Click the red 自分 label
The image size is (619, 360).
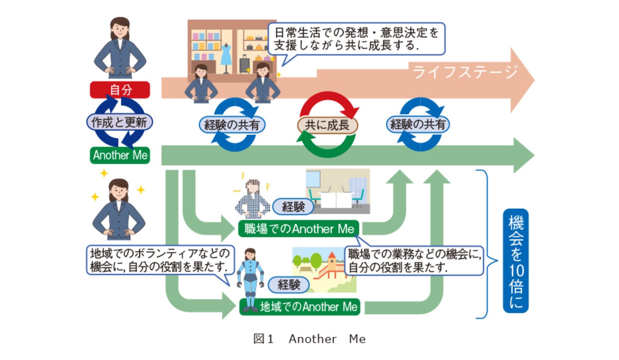point(120,90)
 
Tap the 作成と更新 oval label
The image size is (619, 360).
point(120,122)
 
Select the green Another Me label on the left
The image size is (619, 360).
point(120,155)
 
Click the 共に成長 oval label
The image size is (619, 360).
point(327,125)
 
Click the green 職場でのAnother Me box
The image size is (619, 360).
point(299,229)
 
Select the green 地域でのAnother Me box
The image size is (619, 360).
point(300,307)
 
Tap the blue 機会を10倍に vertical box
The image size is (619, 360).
point(516,261)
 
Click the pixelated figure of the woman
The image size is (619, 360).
point(252,199)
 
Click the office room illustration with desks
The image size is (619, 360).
point(338,191)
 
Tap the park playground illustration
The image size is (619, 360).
point(324,270)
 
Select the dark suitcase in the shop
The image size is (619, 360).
point(244,64)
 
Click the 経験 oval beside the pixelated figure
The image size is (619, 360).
point(293,207)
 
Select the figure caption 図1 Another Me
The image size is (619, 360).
point(309,339)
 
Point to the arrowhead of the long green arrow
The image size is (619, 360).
point(524,155)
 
